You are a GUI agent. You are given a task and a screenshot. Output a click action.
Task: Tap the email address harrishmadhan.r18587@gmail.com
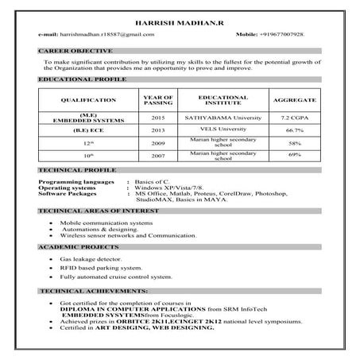96,37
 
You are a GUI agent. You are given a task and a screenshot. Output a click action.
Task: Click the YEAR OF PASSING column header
157,100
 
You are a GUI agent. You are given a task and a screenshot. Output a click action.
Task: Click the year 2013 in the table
157,130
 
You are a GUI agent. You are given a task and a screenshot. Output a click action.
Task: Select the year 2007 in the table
157,156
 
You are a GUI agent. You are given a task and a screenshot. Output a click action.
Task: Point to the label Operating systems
67,188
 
